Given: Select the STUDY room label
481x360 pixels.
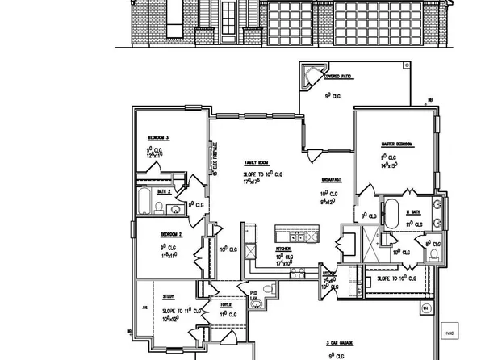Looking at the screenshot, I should point(168,296).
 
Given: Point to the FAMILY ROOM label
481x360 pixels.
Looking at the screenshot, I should point(257,162).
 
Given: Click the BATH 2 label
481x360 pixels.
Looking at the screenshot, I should point(163,191).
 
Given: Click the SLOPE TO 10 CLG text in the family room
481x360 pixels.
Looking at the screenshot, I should point(263,174).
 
